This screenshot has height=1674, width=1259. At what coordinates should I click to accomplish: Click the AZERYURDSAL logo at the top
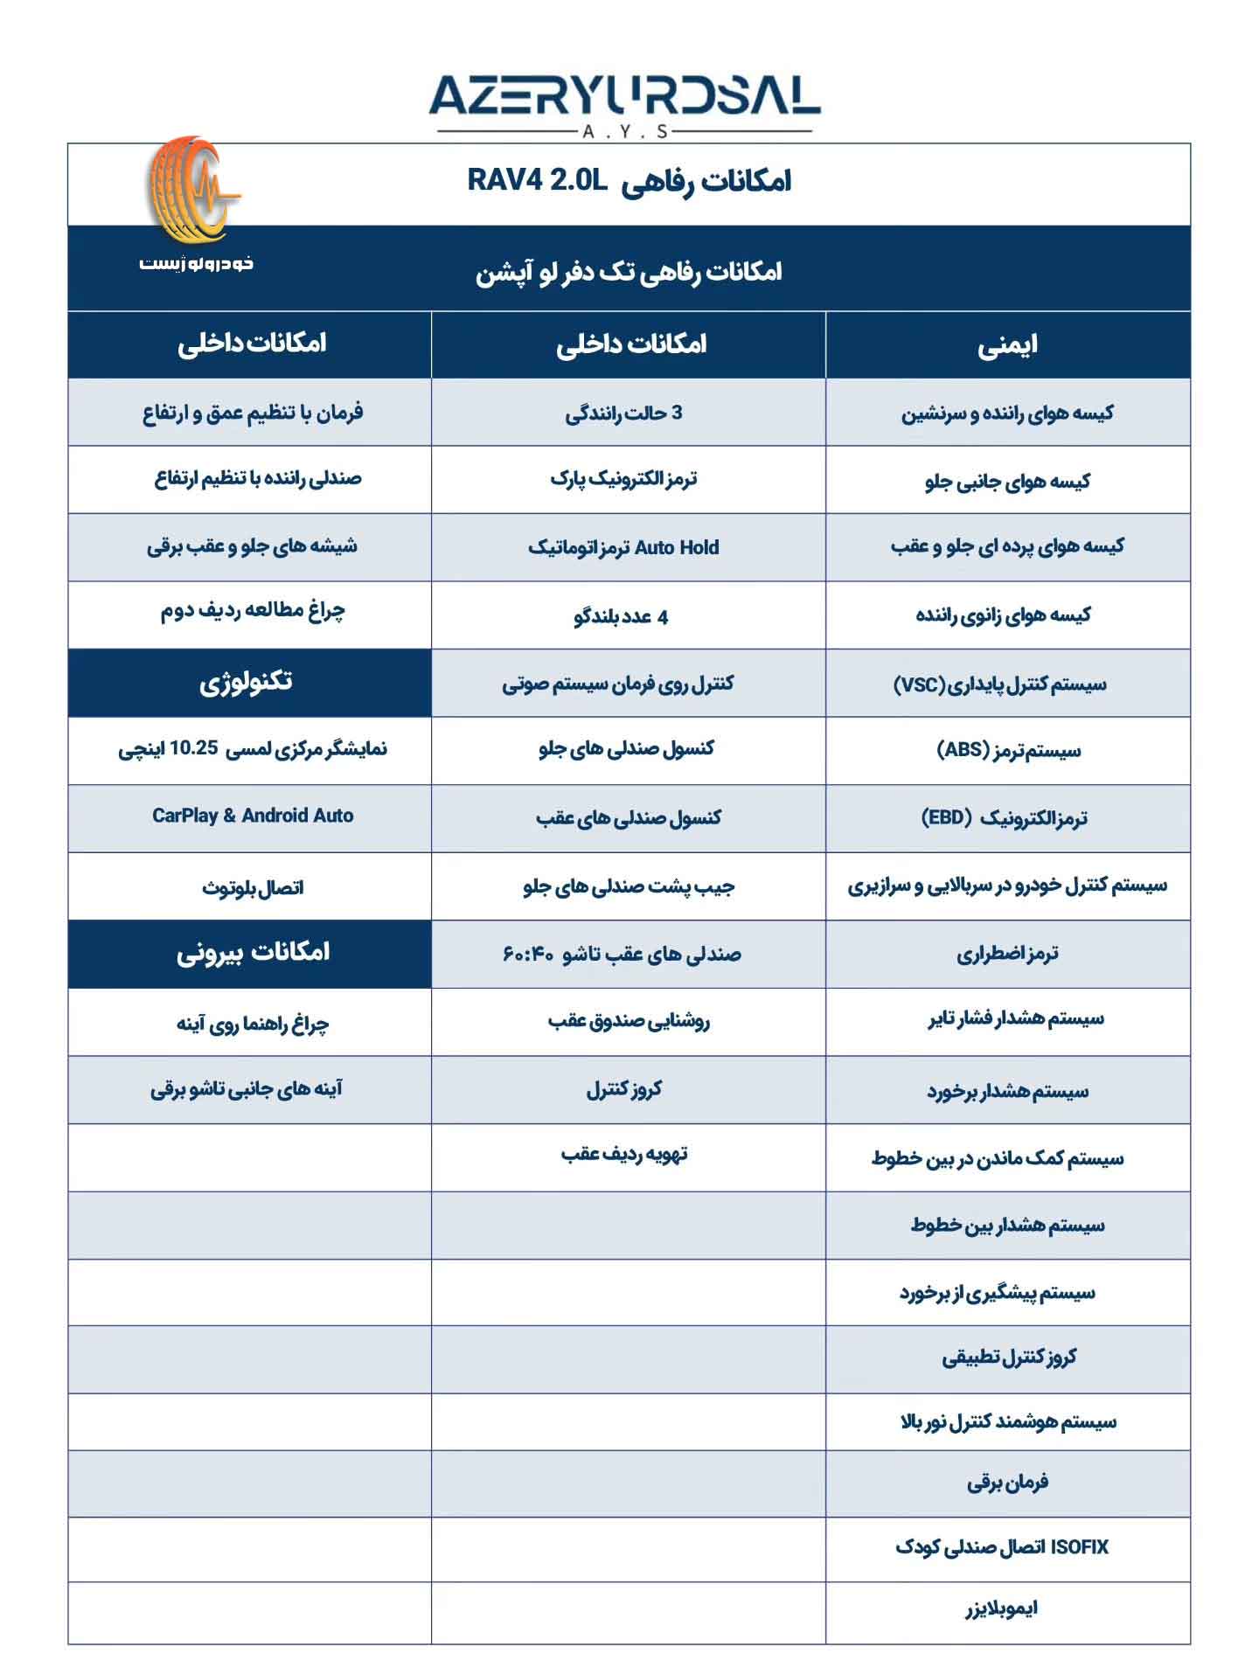click(x=624, y=97)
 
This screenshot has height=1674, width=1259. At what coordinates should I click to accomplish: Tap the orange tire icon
click(x=190, y=190)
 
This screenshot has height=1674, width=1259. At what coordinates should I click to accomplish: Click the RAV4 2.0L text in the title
click(x=537, y=180)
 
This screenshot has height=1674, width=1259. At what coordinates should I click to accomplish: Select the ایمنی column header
click(x=1007, y=345)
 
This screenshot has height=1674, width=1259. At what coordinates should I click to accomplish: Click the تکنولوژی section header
click(x=249, y=682)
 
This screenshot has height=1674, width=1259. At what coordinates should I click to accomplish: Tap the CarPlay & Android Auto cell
click(x=253, y=816)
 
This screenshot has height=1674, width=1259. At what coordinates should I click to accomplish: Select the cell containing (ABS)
click(x=1008, y=751)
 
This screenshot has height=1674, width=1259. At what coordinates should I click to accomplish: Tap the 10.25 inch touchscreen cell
click(x=253, y=749)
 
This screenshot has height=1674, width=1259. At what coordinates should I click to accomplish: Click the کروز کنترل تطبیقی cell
click(x=1009, y=1358)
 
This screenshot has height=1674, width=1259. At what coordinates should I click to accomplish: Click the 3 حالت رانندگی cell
click(x=623, y=413)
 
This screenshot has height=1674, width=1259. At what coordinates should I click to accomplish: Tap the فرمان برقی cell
click(x=1007, y=1483)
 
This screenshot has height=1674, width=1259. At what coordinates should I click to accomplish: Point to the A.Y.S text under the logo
click(x=624, y=132)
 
